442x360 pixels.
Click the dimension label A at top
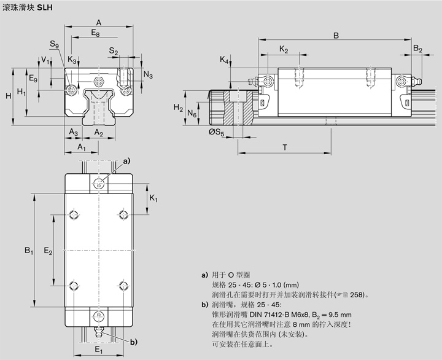point(98,22)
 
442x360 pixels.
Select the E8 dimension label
point(95,33)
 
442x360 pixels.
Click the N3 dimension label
point(148,74)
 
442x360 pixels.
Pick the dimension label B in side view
point(336,36)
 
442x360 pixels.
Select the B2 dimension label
point(417,49)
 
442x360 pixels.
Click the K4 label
point(225,60)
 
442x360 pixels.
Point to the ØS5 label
point(217,131)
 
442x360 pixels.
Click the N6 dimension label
point(192,114)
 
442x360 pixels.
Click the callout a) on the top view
point(127,160)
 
